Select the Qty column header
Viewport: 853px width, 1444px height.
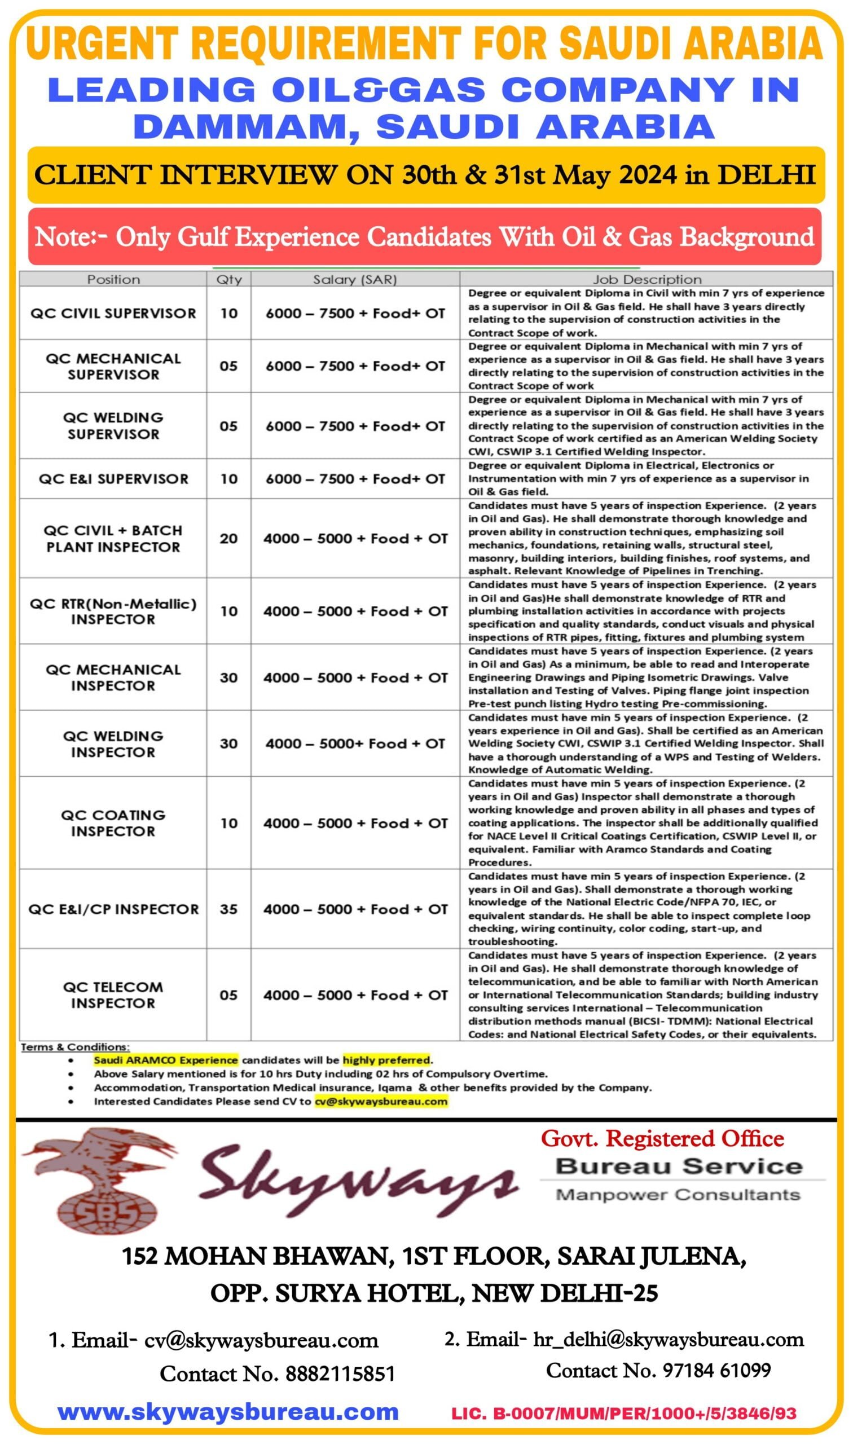pos(229,280)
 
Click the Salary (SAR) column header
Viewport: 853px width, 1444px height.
pos(355,280)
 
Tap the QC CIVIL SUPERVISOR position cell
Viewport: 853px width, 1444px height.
pos(113,313)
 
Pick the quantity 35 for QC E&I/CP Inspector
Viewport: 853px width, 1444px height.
pos(229,909)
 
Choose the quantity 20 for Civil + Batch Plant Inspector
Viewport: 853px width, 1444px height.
pos(229,539)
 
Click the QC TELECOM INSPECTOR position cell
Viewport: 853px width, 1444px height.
pos(113,994)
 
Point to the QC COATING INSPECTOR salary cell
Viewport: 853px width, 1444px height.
pos(355,823)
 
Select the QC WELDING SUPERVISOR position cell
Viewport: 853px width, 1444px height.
pos(113,426)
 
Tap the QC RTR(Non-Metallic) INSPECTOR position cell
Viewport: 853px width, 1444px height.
pos(113,611)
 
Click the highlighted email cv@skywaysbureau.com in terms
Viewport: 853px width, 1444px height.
pos(380,1101)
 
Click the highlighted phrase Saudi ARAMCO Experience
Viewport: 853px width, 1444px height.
pos(165,1059)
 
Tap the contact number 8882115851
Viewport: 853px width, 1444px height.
pos(340,1374)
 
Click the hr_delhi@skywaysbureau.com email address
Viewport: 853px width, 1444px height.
pos(669,1340)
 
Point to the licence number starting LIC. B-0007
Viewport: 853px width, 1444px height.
pos(623,1413)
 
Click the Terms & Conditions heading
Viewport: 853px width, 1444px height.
pos(75,1046)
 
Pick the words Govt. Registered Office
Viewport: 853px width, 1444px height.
pos(662,1138)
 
